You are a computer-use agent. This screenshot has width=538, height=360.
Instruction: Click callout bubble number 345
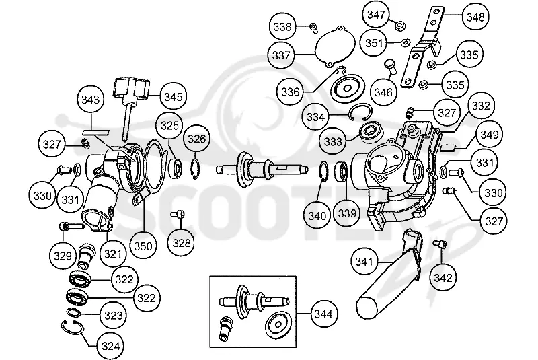[174, 96]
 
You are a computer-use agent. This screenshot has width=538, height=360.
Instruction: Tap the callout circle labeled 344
[323, 314]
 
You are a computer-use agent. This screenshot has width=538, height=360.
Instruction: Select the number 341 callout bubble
[364, 262]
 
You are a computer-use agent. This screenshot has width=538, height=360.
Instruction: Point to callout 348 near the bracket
[475, 17]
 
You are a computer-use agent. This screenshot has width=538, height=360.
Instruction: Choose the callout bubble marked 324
[110, 346]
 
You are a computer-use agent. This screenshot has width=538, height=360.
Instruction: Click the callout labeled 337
[281, 55]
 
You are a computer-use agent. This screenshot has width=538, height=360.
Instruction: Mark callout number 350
[143, 246]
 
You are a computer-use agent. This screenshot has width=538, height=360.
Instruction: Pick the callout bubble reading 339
[347, 213]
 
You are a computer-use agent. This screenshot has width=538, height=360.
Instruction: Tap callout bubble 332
[481, 106]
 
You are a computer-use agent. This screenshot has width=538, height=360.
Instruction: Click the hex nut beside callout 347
[400, 26]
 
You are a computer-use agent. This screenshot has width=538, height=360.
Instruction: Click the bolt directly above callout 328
[178, 215]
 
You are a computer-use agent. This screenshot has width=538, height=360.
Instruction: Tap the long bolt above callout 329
[72, 226]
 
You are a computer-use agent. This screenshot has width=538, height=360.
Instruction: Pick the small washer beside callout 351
[406, 42]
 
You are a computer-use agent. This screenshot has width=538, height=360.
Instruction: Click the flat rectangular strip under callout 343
[95, 132]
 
